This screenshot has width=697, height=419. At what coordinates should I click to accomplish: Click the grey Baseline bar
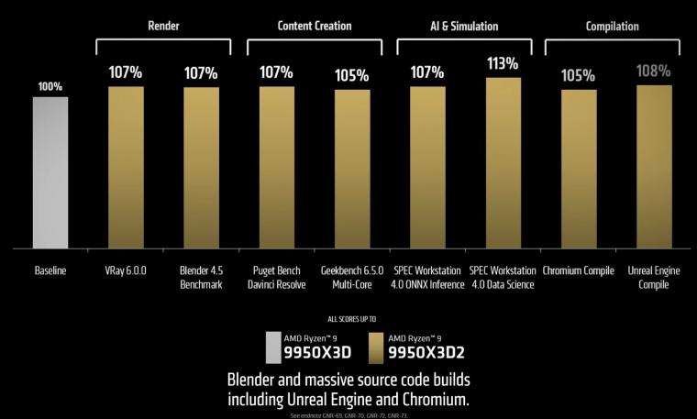click(50, 172)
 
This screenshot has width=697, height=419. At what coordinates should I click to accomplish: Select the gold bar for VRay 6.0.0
click(126, 167)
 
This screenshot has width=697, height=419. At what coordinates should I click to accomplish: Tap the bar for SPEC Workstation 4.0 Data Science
click(503, 162)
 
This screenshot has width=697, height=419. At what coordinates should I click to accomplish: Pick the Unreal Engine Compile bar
click(654, 166)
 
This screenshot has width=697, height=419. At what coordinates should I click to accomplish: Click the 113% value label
click(503, 64)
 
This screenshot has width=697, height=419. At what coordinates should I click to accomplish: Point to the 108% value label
click(654, 72)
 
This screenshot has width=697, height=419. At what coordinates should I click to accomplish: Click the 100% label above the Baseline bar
click(50, 86)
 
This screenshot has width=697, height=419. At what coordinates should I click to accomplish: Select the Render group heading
click(163, 26)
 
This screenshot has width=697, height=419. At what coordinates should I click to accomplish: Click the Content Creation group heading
click(314, 26)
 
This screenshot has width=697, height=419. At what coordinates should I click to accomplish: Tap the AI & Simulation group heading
click(464, 26)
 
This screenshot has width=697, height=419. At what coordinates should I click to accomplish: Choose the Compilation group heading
click(612, 26)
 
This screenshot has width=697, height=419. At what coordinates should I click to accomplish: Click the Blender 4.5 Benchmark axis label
click(201, 278)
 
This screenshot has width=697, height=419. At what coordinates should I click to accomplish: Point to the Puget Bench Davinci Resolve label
click(276, 278)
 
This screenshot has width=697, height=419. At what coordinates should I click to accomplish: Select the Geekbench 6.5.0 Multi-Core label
click(351, 278)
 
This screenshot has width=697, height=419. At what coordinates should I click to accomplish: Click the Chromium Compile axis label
click(579, 271)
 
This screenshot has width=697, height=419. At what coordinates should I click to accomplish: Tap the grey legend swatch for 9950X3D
click(272, 347)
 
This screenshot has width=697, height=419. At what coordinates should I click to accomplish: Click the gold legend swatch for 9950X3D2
click(373, 347)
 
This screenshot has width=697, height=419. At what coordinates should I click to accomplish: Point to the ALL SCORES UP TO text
click(348, 323)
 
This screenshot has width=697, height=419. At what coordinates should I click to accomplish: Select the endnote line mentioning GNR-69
click(348, 414)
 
